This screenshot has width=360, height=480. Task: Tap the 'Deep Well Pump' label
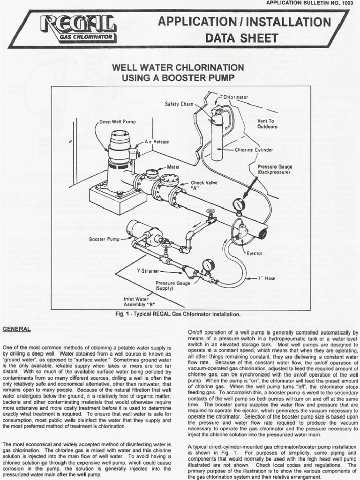(x=117, y=121)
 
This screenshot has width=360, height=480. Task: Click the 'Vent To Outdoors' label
(x=267, y=124)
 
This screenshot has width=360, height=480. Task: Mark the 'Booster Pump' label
(x=105, y=239)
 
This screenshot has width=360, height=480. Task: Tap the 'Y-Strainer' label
(x=148, y=271)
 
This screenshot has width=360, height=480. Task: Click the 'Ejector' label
(x=255, y=253)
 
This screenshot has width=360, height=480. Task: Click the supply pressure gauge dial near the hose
(x=208, y=265)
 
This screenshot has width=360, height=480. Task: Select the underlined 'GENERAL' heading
(x=17, y=329)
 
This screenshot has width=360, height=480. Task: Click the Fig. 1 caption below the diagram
(x=180, y=314)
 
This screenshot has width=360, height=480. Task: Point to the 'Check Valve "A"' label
(x=202, y=186)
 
